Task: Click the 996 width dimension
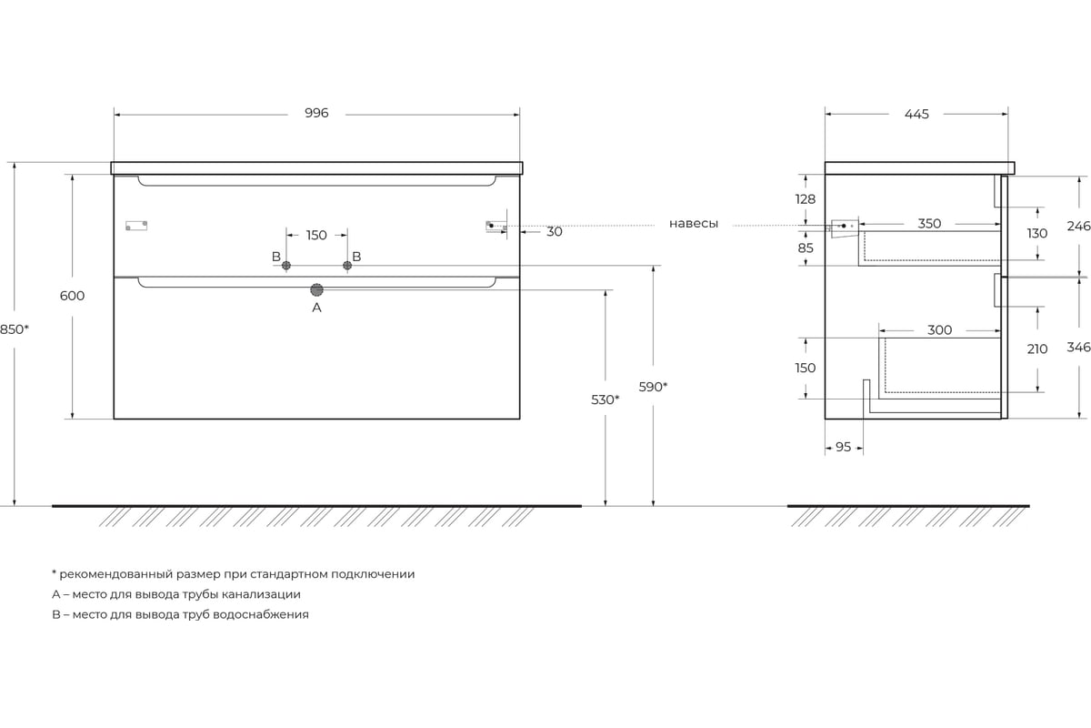coord(316,113)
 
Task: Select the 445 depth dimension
coord(916,114)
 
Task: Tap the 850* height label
coord(15,329)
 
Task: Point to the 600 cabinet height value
coord(72,296)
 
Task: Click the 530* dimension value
coord(605,399)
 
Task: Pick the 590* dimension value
coord(653,387)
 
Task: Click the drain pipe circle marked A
coord(316,290)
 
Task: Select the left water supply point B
coord(285,265)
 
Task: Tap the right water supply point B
coord(347,265)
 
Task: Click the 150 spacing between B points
coord(316,236)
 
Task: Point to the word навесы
coord(694,224)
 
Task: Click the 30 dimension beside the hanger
coord(555,232)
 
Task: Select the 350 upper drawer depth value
coord(929,224)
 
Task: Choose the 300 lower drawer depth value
coord(939,330)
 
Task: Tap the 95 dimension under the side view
coord(843,447)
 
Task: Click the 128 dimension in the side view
coord(806,199)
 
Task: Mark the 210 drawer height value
coord(1037,349)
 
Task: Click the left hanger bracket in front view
coord(136,226)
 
